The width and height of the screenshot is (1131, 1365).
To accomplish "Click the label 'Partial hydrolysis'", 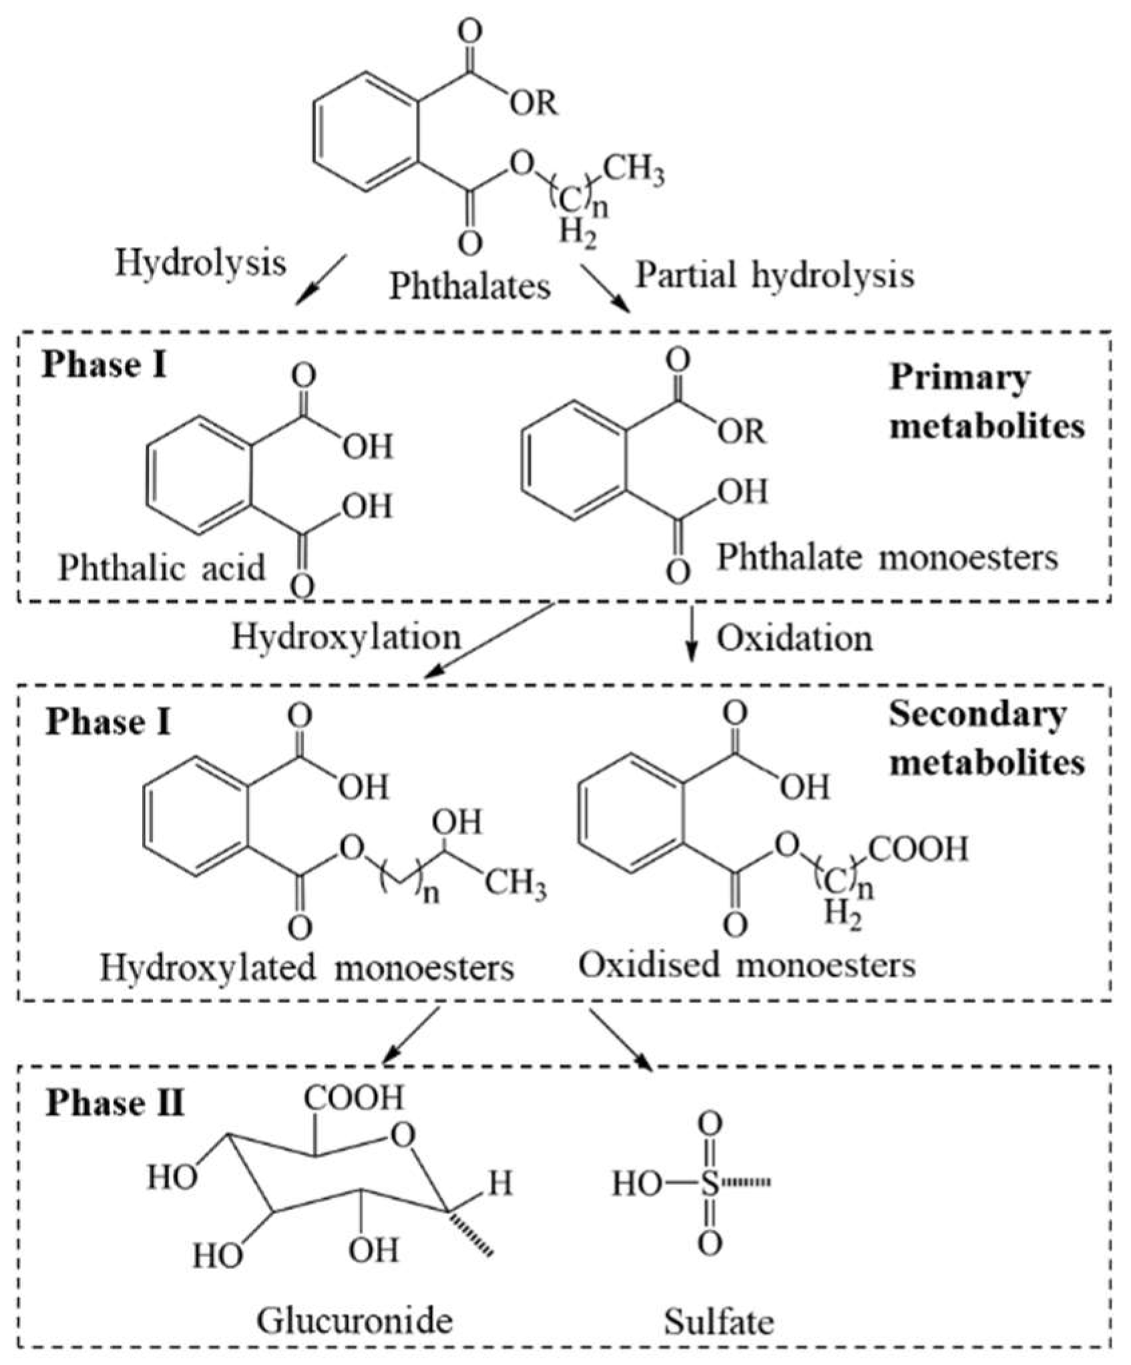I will coord(774,276).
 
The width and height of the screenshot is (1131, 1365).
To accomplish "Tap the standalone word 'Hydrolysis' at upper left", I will coord(201,263).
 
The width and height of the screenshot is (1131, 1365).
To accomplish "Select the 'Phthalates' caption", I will coord(470,287).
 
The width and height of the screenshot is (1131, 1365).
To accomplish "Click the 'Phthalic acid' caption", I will coord(162,569).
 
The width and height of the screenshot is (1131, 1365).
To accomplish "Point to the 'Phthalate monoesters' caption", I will coord(887,557).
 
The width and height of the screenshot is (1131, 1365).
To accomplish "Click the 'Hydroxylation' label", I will coord(347,637).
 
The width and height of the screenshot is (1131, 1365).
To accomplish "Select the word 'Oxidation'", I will coord(795,639).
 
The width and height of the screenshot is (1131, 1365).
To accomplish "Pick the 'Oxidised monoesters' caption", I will coord(747,965).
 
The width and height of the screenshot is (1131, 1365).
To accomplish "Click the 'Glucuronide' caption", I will coord(355,1320).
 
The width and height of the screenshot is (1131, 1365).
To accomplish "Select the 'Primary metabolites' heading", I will coord(987,402).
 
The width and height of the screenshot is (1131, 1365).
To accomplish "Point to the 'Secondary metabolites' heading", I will coord(987,738).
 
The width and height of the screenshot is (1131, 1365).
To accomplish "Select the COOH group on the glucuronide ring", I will coord(354,1098).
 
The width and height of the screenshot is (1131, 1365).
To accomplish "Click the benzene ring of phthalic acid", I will coord(200,476).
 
